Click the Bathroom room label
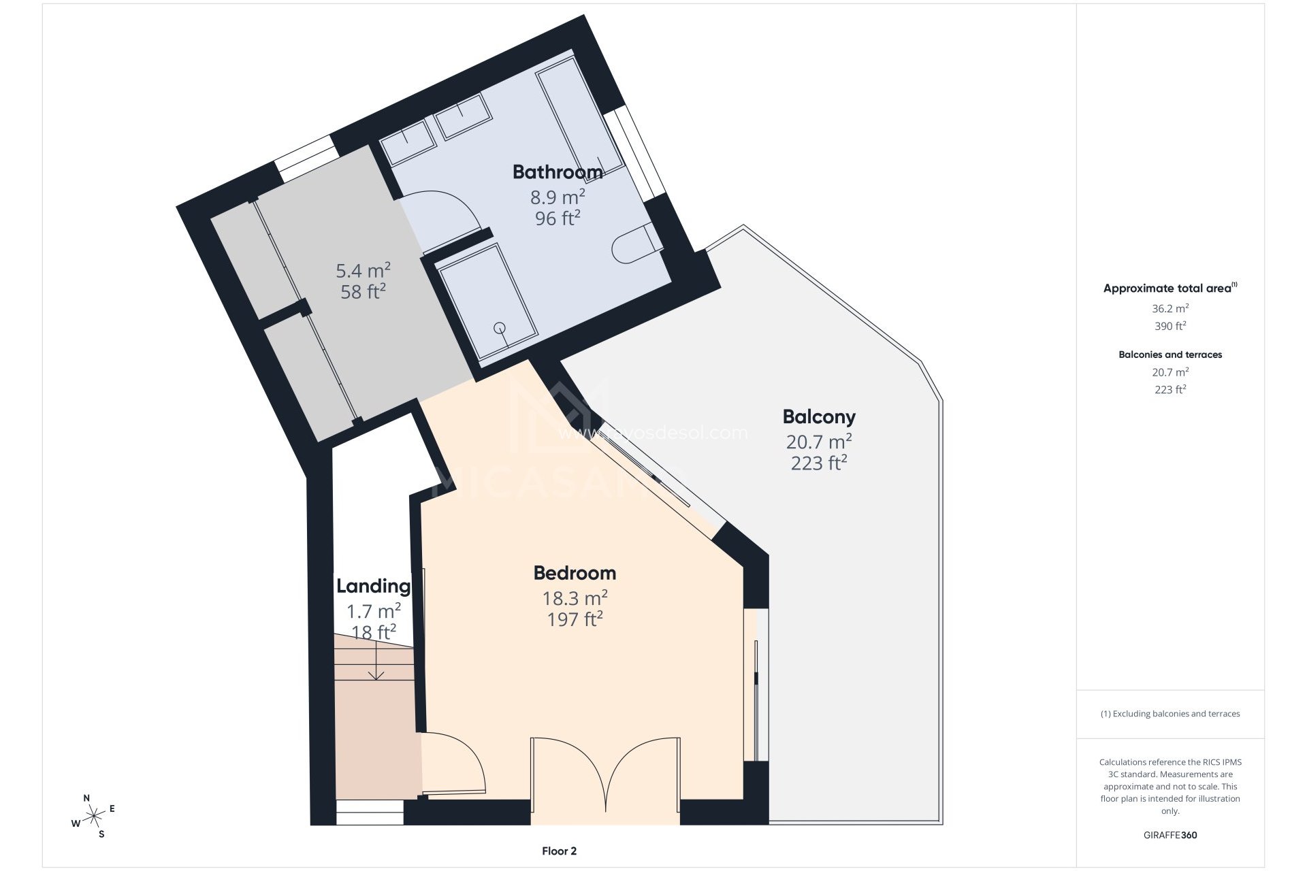pos(558,172)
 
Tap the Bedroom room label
pos(575,573)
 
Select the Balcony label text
pos(818,416)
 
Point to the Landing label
pos(373,586)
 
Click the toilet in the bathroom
pos(633,246)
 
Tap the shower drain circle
pos(500,327)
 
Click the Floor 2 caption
pos(559,851)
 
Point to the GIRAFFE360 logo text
pos(1169,835)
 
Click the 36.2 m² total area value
pos(1169,308)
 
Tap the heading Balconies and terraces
pos(1169,355)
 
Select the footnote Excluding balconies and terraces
pos(1169,714)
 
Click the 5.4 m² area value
pos(363,271)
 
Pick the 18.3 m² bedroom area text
pos(575,598)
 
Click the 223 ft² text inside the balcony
pos(818,463)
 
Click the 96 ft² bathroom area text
pos(558,218)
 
